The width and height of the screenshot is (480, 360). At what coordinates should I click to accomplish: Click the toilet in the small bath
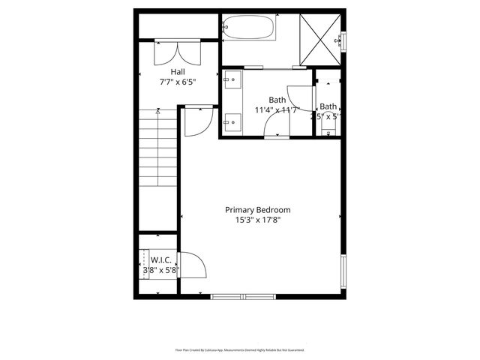click(x=327, y=130)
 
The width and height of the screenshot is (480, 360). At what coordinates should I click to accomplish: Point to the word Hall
click(x=177, y=72)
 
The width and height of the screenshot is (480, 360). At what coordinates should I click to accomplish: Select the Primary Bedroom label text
click(x=258, y=210)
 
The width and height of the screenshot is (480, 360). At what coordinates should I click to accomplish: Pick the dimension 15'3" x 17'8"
click(x=258, y=220)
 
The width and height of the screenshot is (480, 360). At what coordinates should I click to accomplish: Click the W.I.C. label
click(x=161, y=259)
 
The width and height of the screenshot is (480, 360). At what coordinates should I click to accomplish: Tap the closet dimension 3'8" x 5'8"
click(x=161, y=270)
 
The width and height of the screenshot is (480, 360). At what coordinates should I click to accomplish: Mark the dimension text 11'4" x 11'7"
click(x=277, y=110)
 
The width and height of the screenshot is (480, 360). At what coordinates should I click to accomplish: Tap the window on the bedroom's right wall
click(x=343, y=274)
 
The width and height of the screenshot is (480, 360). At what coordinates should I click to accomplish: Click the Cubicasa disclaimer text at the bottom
click(x=239, y=349)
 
